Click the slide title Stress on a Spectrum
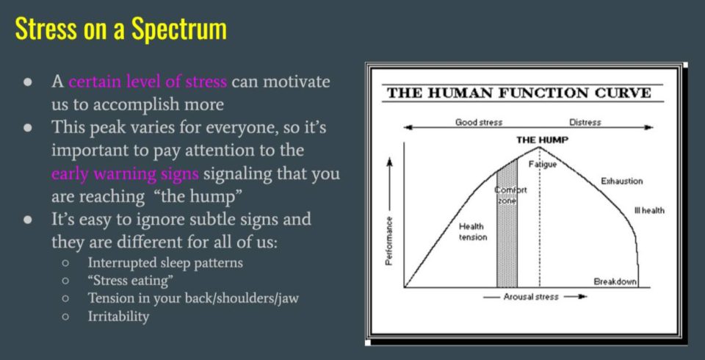[120, 29]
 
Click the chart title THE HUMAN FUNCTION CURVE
[519, 93]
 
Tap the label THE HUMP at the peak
[542, 140]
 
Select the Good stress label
[479, 123]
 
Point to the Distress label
[585, 123]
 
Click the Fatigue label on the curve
[543, 165]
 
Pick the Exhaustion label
[622, 181]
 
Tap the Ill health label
[649, 210]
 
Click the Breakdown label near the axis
[615, 281]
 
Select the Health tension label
[472, 231]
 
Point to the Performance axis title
[389, 242]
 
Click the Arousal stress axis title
[531, 297]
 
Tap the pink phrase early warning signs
[125, 173]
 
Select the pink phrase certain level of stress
[148, 82]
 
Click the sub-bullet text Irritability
[118, 317]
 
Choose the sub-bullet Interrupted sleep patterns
[165, 262]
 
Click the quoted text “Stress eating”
[131, 281]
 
